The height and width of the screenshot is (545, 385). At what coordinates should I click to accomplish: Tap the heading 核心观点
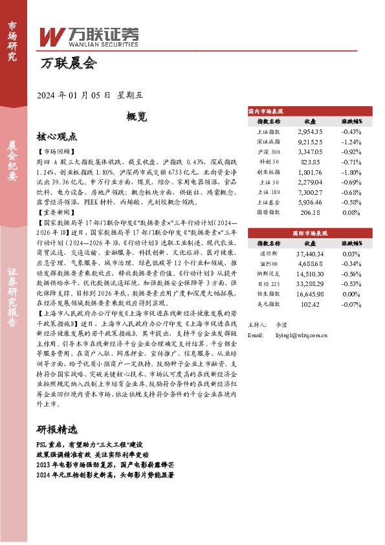pyautogui.click(x=58, y=137)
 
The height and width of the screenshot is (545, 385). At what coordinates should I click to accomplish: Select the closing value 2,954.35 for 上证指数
pyautogui.click(x=309, y=131)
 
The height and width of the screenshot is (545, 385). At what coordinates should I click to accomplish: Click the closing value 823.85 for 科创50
pyautogui.click(x=309, y=161)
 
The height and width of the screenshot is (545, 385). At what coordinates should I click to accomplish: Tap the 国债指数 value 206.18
pyautogui.click(x=309, y=212)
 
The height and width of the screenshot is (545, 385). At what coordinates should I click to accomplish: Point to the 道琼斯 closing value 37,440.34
pyautogui.click(x=309, y=254)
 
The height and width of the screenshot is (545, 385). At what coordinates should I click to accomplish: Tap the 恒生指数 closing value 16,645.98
pyautogui.click(x=309, y=295)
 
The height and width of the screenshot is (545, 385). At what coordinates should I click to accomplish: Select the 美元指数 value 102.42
pyautogui.click(x=309, y=304)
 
